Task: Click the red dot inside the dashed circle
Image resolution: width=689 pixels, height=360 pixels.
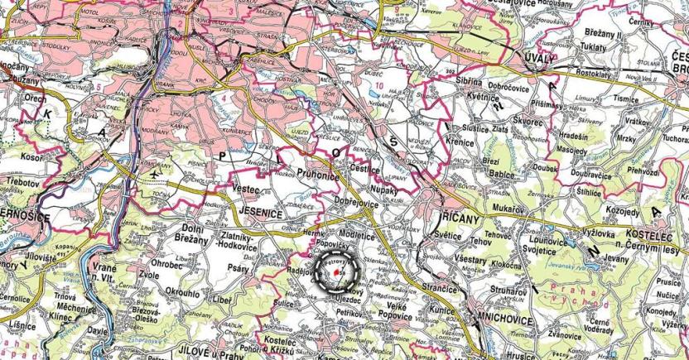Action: coord(335,271)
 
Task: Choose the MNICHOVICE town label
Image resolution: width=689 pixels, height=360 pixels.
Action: coord(498,316)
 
